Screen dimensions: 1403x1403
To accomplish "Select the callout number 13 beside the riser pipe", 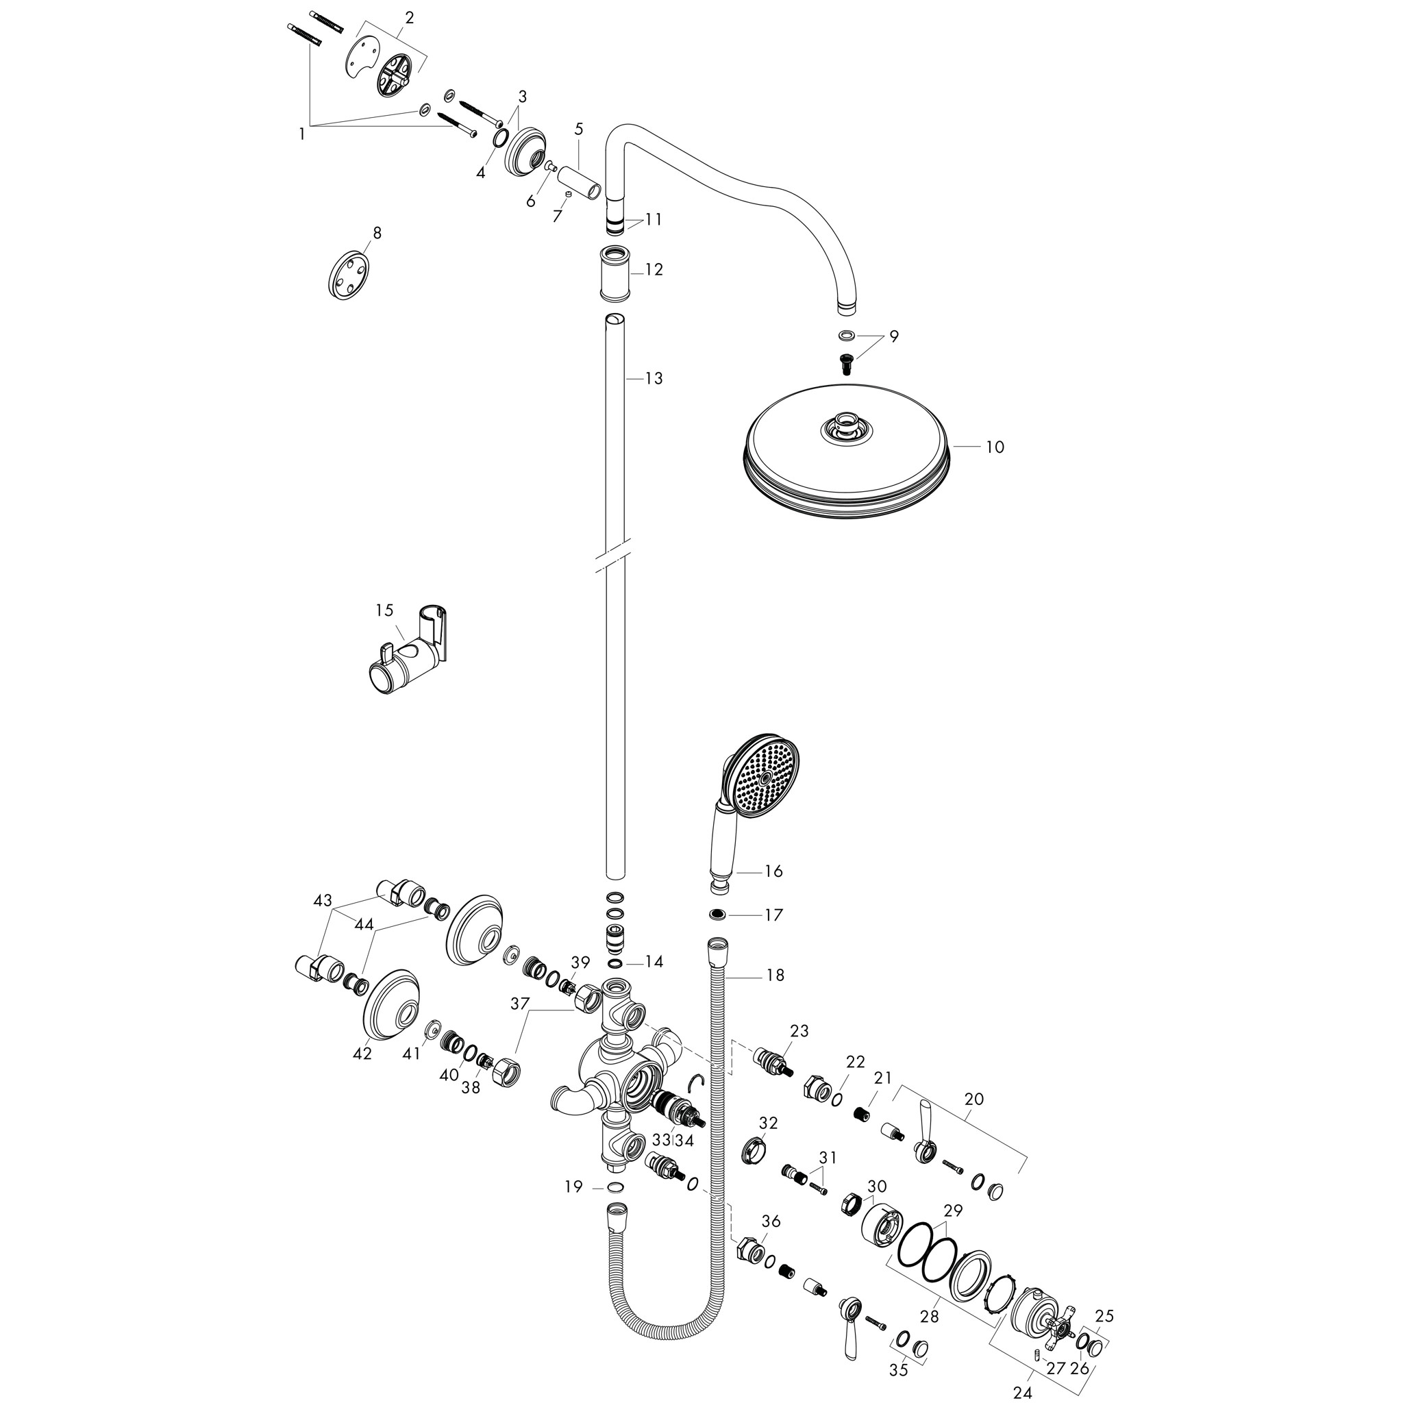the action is point(654,378).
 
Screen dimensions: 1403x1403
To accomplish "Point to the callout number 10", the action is point(995,447).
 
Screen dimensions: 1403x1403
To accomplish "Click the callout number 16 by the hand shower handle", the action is point(774,871).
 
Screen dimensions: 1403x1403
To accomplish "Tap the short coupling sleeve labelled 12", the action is point(615,273).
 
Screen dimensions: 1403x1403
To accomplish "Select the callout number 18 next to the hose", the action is point(775,975).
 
